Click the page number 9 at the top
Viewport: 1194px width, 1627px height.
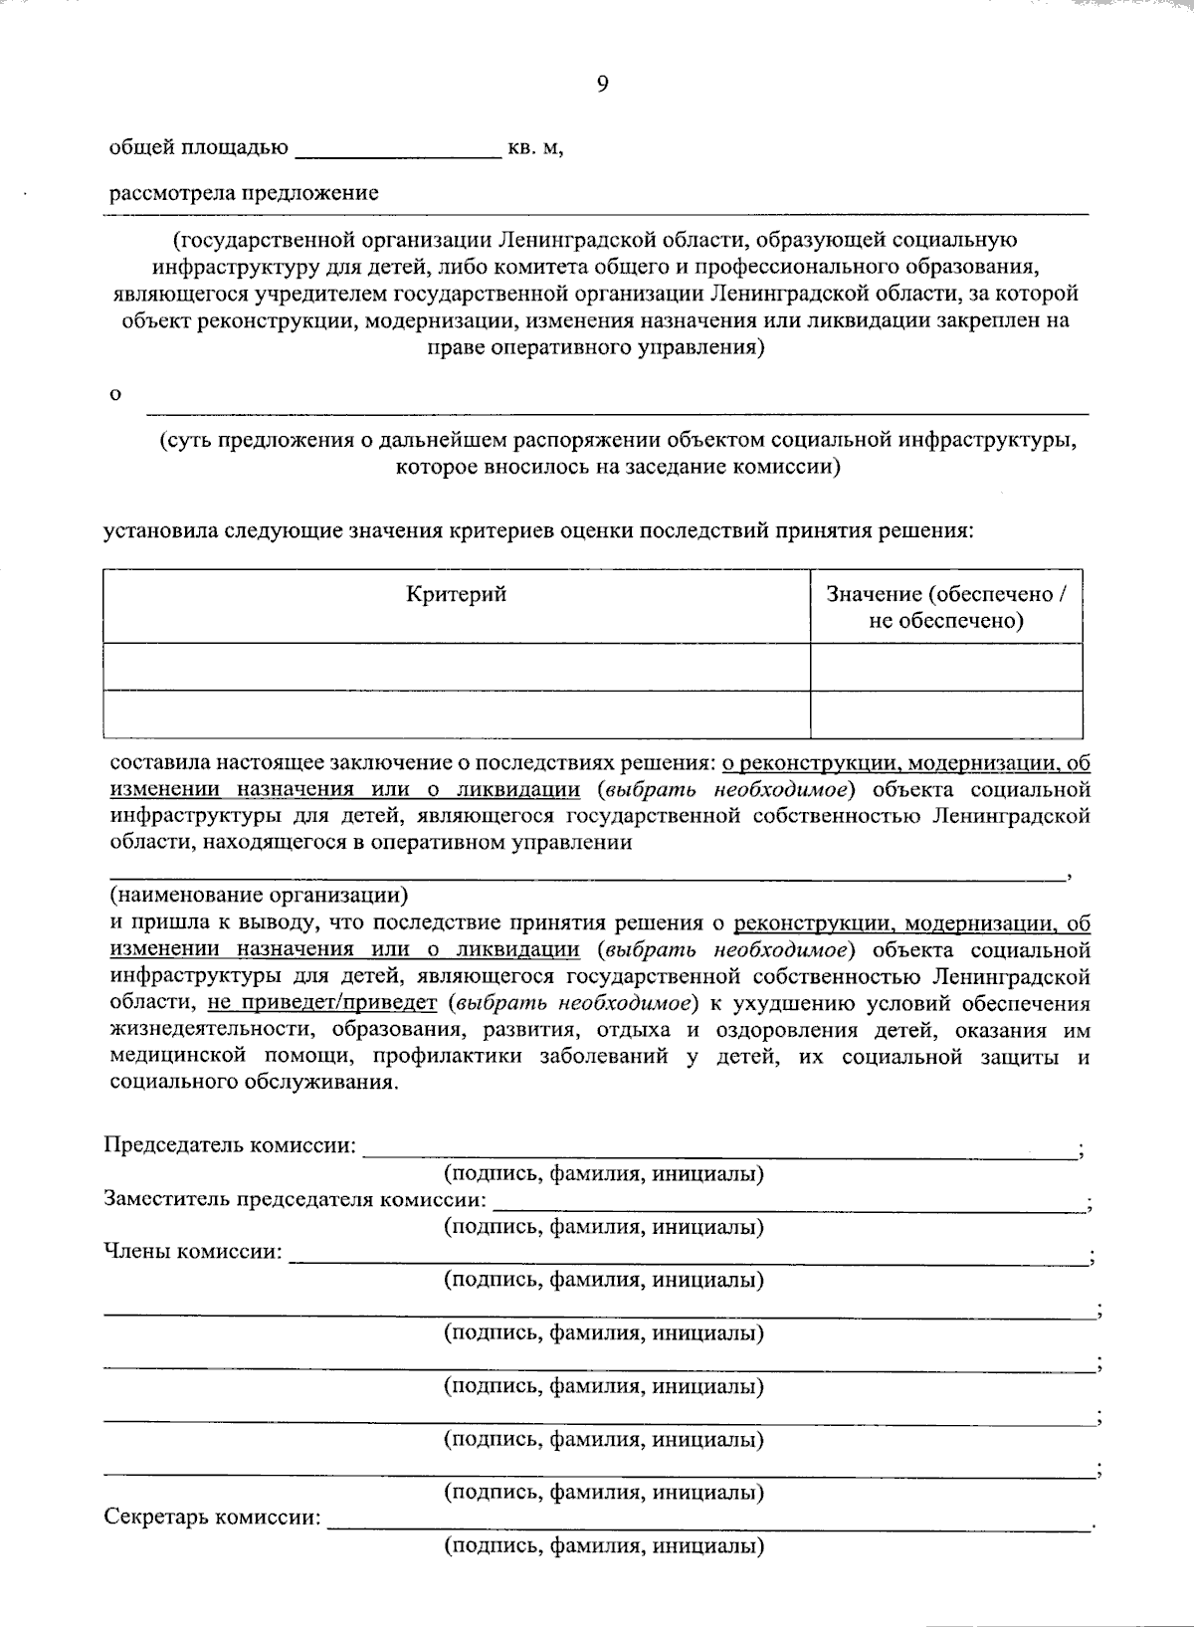pos(602,85)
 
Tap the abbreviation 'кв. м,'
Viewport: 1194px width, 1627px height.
pos(536,149)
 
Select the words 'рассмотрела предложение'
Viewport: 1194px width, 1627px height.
pos(244,193)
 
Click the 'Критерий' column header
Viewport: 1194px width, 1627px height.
pos(457,595)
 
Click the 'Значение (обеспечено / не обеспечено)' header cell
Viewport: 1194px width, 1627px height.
pos(946,607)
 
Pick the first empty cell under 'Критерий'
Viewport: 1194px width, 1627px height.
pos(457,667)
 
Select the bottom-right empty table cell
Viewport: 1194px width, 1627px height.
pos(946,713)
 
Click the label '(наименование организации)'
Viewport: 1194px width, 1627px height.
pos(259,894)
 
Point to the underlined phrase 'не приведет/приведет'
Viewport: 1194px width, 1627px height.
pos(323,1002)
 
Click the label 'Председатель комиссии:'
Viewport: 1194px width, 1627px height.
pos(230,1145)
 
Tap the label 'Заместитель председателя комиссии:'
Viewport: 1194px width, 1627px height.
pos(296,1199)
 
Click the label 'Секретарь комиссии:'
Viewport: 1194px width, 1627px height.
pos(213,1519)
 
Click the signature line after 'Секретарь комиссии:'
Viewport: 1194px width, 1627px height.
pos(706,1525)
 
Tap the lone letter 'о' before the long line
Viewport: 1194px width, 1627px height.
pos(115,396)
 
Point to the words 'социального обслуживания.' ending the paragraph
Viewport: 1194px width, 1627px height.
pos(255,1083)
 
